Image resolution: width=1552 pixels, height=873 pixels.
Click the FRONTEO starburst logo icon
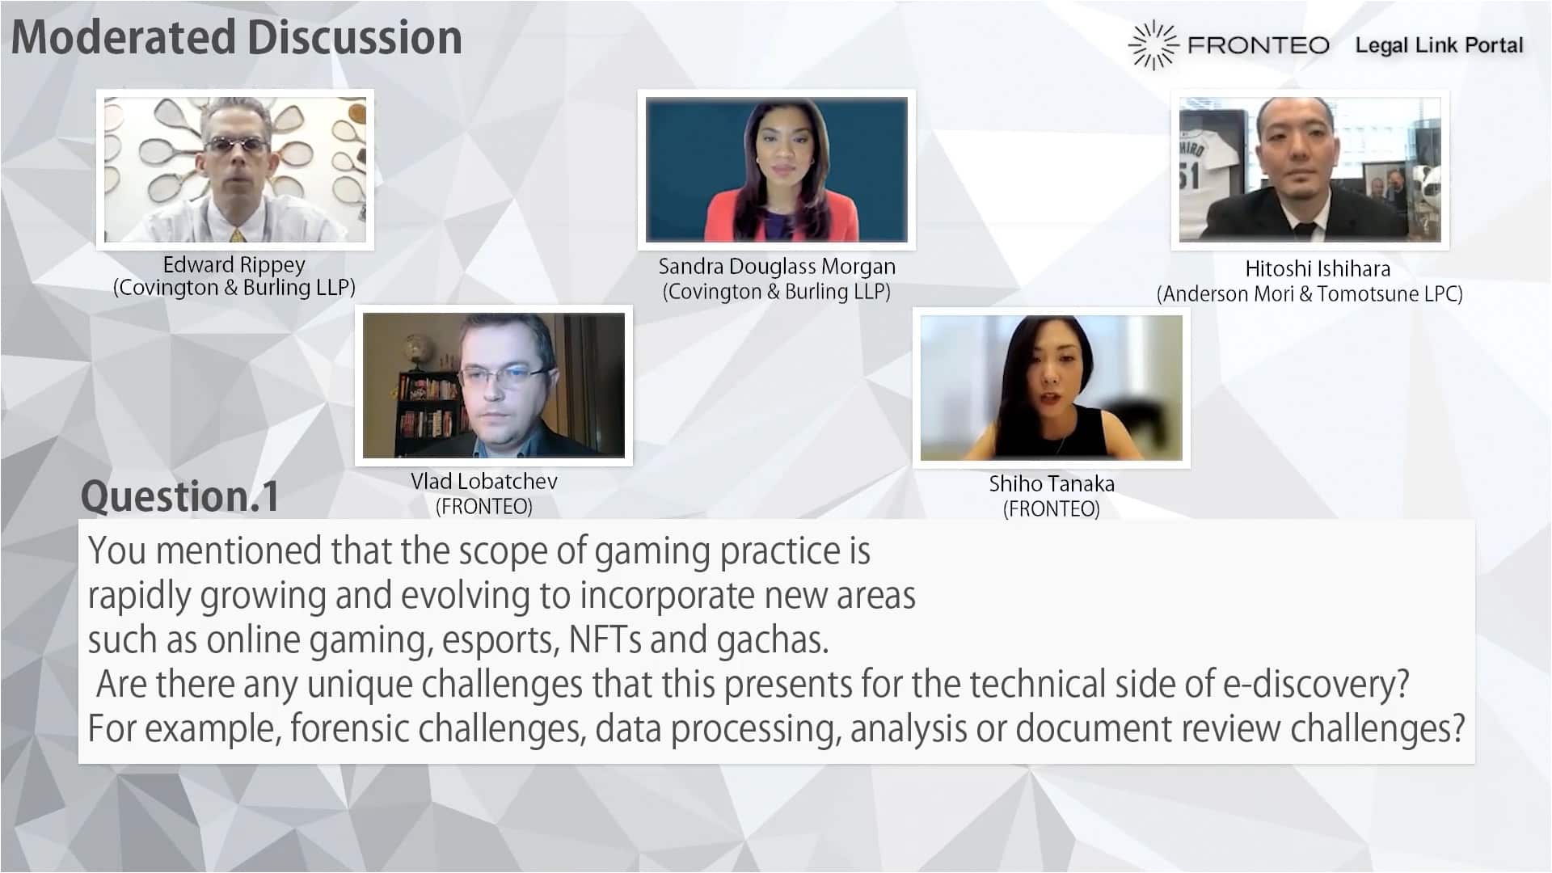click(x=1153, y=45)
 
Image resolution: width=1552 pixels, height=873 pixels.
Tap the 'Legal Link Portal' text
click(x=1439, y=45)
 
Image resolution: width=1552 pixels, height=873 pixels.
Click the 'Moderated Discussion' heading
click(x=236, y=37)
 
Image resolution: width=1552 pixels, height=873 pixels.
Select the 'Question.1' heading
click(x=179, y=496)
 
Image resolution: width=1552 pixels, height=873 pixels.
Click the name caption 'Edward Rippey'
click(x=234, y=265)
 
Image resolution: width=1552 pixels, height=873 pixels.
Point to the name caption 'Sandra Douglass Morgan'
click(x=777, y=267)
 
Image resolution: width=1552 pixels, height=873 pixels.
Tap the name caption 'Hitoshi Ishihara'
click(x=1318, y=268)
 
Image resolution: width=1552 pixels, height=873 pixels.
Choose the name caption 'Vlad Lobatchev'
click(x=484, y=481)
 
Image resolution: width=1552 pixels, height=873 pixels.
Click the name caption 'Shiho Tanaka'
click(x=1052, y=483)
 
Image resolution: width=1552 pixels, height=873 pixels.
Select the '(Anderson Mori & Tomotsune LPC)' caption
click(x=1309, y=293)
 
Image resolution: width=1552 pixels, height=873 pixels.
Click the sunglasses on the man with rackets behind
click(x=235, y=145)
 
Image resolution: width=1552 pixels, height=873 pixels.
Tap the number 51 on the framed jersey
click(x=1189, y=175)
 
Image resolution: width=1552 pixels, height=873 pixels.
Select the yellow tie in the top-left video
click(x=236, y=235)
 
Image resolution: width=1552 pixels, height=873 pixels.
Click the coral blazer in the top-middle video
click(x=777, y=217)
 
